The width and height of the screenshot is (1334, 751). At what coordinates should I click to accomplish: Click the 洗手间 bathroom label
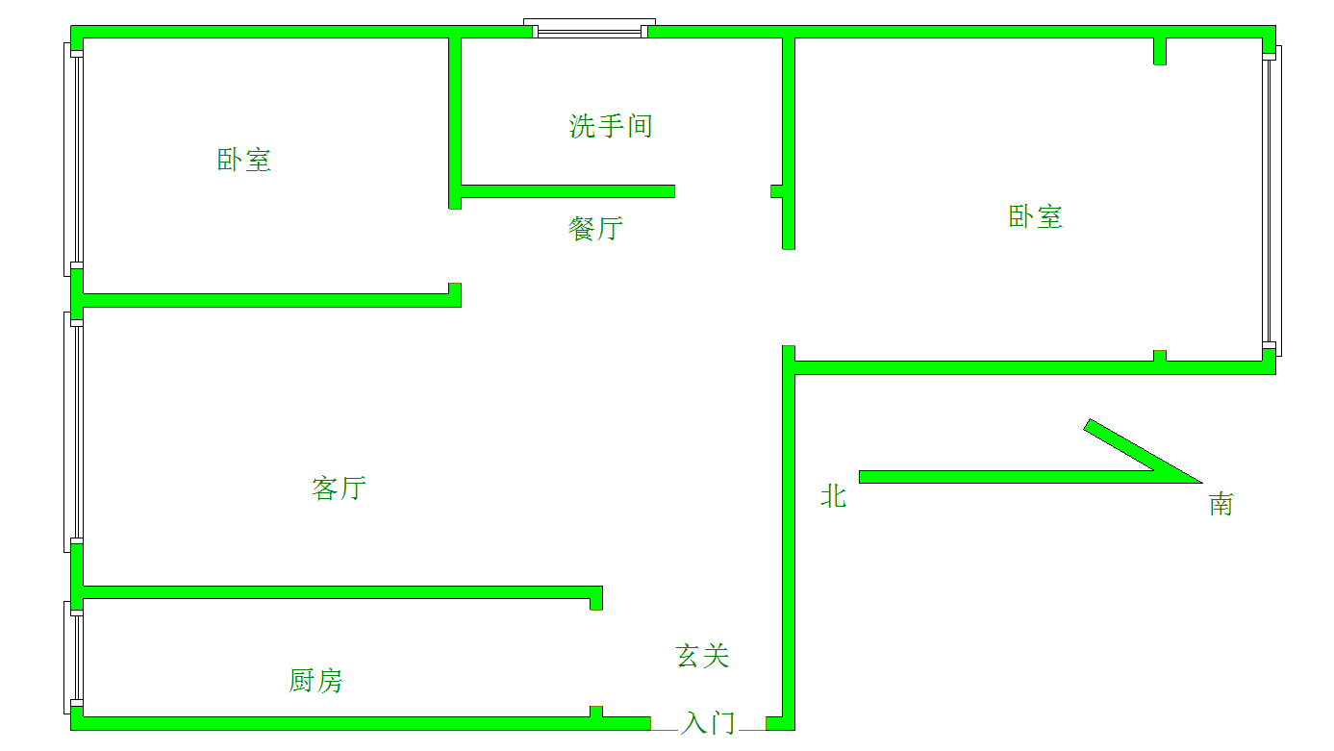click(x=611, y=126)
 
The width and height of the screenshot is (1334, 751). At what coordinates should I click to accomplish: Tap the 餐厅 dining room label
click(x=595, y=229)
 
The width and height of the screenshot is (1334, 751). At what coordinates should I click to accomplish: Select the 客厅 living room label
click(x=339, y=488)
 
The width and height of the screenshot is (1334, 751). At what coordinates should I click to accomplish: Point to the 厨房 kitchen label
click(x=315, y=681)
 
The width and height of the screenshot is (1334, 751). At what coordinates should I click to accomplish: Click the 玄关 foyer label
click(x=702, y=656)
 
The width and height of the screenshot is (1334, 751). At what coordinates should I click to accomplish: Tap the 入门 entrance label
click(x=708, y=723)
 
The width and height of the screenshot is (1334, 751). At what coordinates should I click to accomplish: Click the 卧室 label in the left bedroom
click(x=243, y=161)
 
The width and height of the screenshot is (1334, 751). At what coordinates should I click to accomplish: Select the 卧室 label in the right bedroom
click(x=1035, y=216)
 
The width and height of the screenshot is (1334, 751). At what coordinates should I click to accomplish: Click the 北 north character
click(x=833, y=496)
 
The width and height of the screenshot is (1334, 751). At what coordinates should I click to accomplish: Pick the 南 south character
click(x=1221, y=505)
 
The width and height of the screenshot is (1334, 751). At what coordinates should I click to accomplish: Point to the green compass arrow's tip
click(x=1202, y=483)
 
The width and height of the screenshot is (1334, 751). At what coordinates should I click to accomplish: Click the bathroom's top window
click(x=590, y=29)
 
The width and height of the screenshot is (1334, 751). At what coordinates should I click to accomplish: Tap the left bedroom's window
click(x=73, y=160)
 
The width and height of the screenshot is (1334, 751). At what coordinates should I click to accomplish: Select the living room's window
click(x=73, y=433)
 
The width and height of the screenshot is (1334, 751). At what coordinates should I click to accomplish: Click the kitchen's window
click(x=73, y=658)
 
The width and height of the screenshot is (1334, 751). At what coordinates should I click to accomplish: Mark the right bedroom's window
click(x=1272, y=201)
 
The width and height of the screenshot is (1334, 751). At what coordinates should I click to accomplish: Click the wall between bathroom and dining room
click(x=567, y=191)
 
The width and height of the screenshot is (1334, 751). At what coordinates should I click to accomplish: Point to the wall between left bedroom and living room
click(x=265, y=300)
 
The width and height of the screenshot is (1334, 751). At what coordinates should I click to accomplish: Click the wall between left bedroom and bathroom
click(x=455, y=123)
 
